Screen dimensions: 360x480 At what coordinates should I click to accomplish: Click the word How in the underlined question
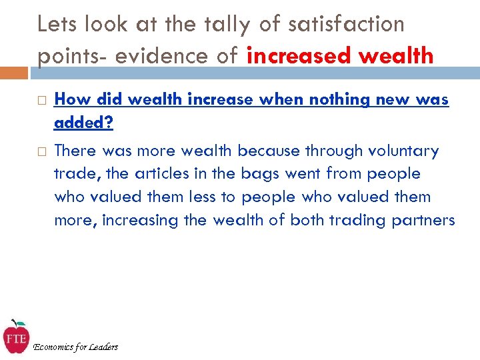pos(71,100)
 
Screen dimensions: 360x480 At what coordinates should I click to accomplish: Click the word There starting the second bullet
pos(75,151)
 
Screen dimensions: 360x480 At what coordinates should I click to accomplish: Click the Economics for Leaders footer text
pos(75,347)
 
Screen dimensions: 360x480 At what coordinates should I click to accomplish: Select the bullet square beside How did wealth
pos(40,101)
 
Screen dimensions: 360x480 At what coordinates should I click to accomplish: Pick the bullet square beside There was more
pos(40,151)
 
